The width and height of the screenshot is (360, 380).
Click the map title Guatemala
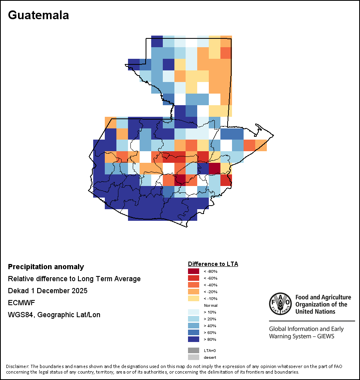click(x=38, y=15)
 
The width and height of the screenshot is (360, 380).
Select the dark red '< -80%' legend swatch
click(x=194, y=271)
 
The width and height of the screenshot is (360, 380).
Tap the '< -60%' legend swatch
click(x=194, y=278)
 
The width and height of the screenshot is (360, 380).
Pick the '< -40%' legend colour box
click(x=194, y=285)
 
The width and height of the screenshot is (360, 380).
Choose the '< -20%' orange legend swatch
click(x=194, y=292)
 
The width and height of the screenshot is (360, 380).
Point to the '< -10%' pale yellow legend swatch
click(x=194, y=298)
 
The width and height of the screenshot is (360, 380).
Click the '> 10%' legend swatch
click(x=194, y=312)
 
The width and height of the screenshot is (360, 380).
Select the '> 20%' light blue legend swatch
click(x=194, y=319)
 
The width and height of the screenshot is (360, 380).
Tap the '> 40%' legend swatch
click(x=194, y=326)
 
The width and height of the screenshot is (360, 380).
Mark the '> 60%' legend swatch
click(x=194, y=333)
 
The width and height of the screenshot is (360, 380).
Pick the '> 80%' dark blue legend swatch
click(x=194, y=340)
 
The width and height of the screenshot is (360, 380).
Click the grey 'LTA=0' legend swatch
click(x=194, y=350)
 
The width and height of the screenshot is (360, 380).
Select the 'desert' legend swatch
click(x=194, y=357)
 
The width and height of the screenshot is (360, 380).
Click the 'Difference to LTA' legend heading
click(x=213, y=264)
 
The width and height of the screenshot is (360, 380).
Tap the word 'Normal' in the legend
click(x=210, y=306)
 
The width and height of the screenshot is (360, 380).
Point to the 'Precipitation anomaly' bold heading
click(x=46, y=267)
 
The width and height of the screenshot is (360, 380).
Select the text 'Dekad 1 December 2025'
click(x=48, y=291)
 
